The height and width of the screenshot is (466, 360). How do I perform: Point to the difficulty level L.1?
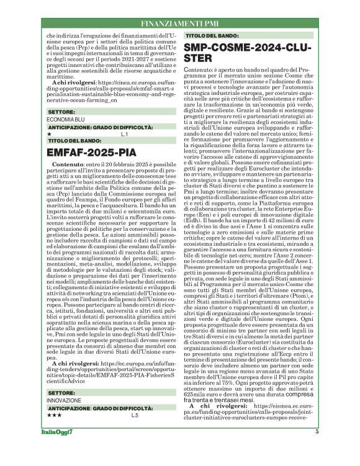[124, 151]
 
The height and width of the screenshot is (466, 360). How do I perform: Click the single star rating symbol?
[49, 151]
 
